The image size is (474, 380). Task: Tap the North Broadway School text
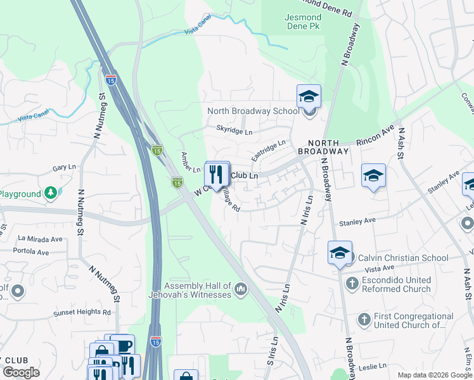click(253, 111)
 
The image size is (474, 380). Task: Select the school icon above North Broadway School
click(309, 96)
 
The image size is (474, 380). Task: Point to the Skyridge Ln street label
click(234, 132)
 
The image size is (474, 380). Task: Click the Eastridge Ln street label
click(268, 151)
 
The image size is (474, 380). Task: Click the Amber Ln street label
click(191, 162)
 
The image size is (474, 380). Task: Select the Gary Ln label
click(65, 168)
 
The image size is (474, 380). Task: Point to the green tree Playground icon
click(51, 193)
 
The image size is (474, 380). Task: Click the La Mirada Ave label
click(41, 239)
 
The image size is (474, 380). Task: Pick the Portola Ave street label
click(34, 252)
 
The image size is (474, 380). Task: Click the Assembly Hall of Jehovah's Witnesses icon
click(240, 290)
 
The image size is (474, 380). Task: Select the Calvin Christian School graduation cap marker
click(340, 253)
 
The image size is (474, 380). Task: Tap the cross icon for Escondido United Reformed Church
click(352, 284)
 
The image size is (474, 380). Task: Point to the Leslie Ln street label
click(372, 366)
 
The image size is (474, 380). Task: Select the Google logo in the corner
click(21, 372)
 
